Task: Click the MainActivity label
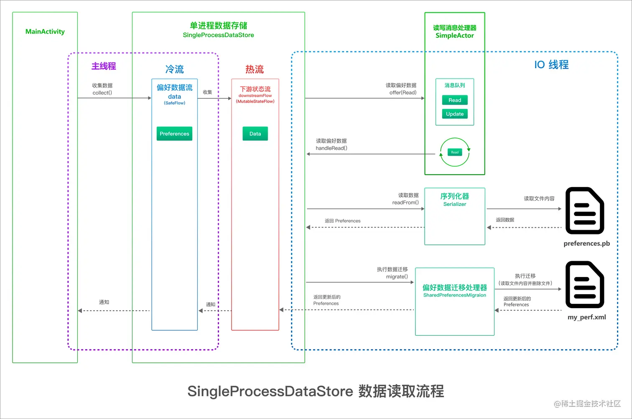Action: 45,31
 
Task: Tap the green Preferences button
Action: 174,134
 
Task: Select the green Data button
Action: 255,134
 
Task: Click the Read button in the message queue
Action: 455,100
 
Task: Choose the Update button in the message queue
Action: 455,114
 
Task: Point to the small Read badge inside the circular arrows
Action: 455,152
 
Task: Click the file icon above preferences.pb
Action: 585,211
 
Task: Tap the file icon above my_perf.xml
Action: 585,285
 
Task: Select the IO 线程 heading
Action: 551,65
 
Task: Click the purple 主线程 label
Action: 104,66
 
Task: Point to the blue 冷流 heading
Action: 174,69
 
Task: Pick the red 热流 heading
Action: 255,69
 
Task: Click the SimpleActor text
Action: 455,36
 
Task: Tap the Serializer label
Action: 455,204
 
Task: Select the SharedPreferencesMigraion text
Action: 455,295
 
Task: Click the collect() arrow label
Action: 102,93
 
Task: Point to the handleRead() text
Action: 331,148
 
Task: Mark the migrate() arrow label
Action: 397,277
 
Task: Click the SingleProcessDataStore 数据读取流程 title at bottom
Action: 316,391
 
